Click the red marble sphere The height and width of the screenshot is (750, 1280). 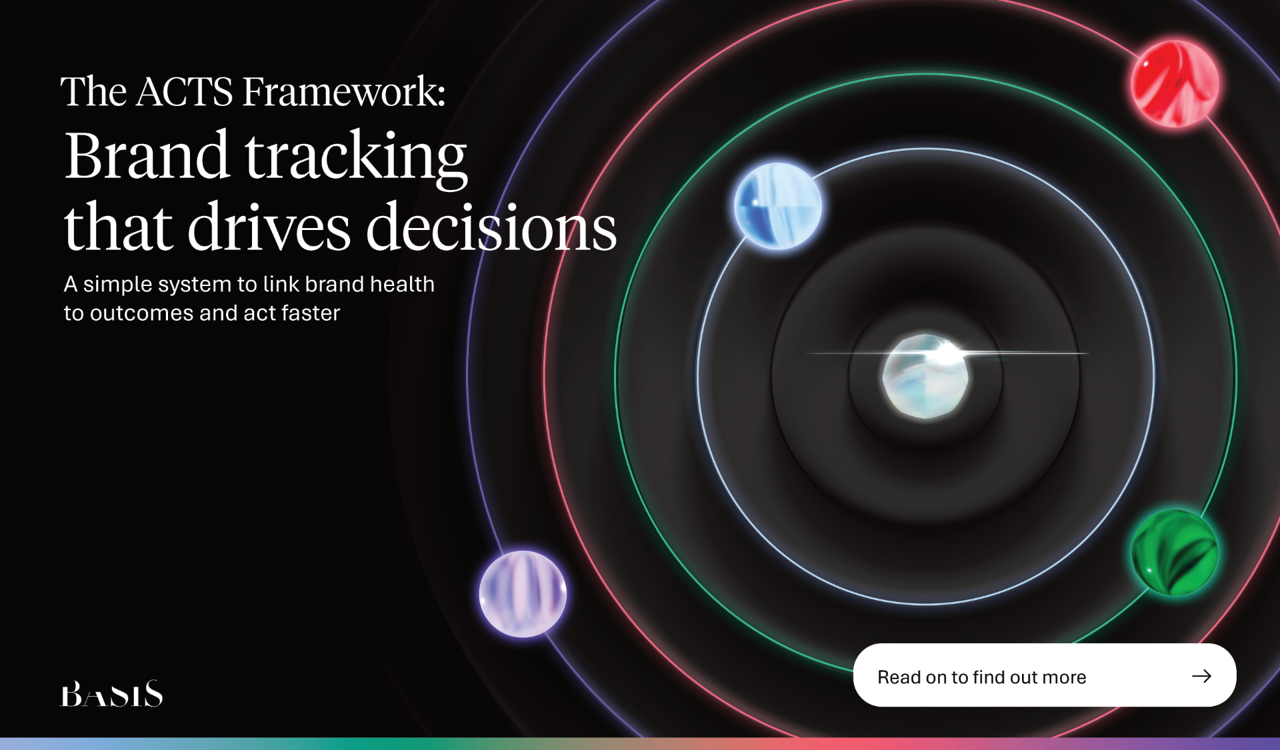(x=1175, y=83)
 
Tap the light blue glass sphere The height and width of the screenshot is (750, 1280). (x=778, y=206)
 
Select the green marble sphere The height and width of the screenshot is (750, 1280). (x=1175, y=553)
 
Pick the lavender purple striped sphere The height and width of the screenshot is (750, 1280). (x=523, y=594)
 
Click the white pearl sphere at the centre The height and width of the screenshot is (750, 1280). (x=926, y=377)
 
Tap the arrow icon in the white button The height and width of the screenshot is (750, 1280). (x=1201, y=676)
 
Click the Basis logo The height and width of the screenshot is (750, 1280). (x=112, y=693)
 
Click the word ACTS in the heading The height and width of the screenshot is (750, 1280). (x=185, y=91)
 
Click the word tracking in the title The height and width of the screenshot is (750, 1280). (x=356, y=159)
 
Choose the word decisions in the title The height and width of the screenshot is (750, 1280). (x=491, y=227)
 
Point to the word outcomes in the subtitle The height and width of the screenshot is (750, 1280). (x=141, y=313)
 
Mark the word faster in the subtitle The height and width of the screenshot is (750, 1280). (x=311, y=313)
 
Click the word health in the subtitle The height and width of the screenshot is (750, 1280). (x=402, y=284)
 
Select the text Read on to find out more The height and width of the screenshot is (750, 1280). (x=981, y=677)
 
